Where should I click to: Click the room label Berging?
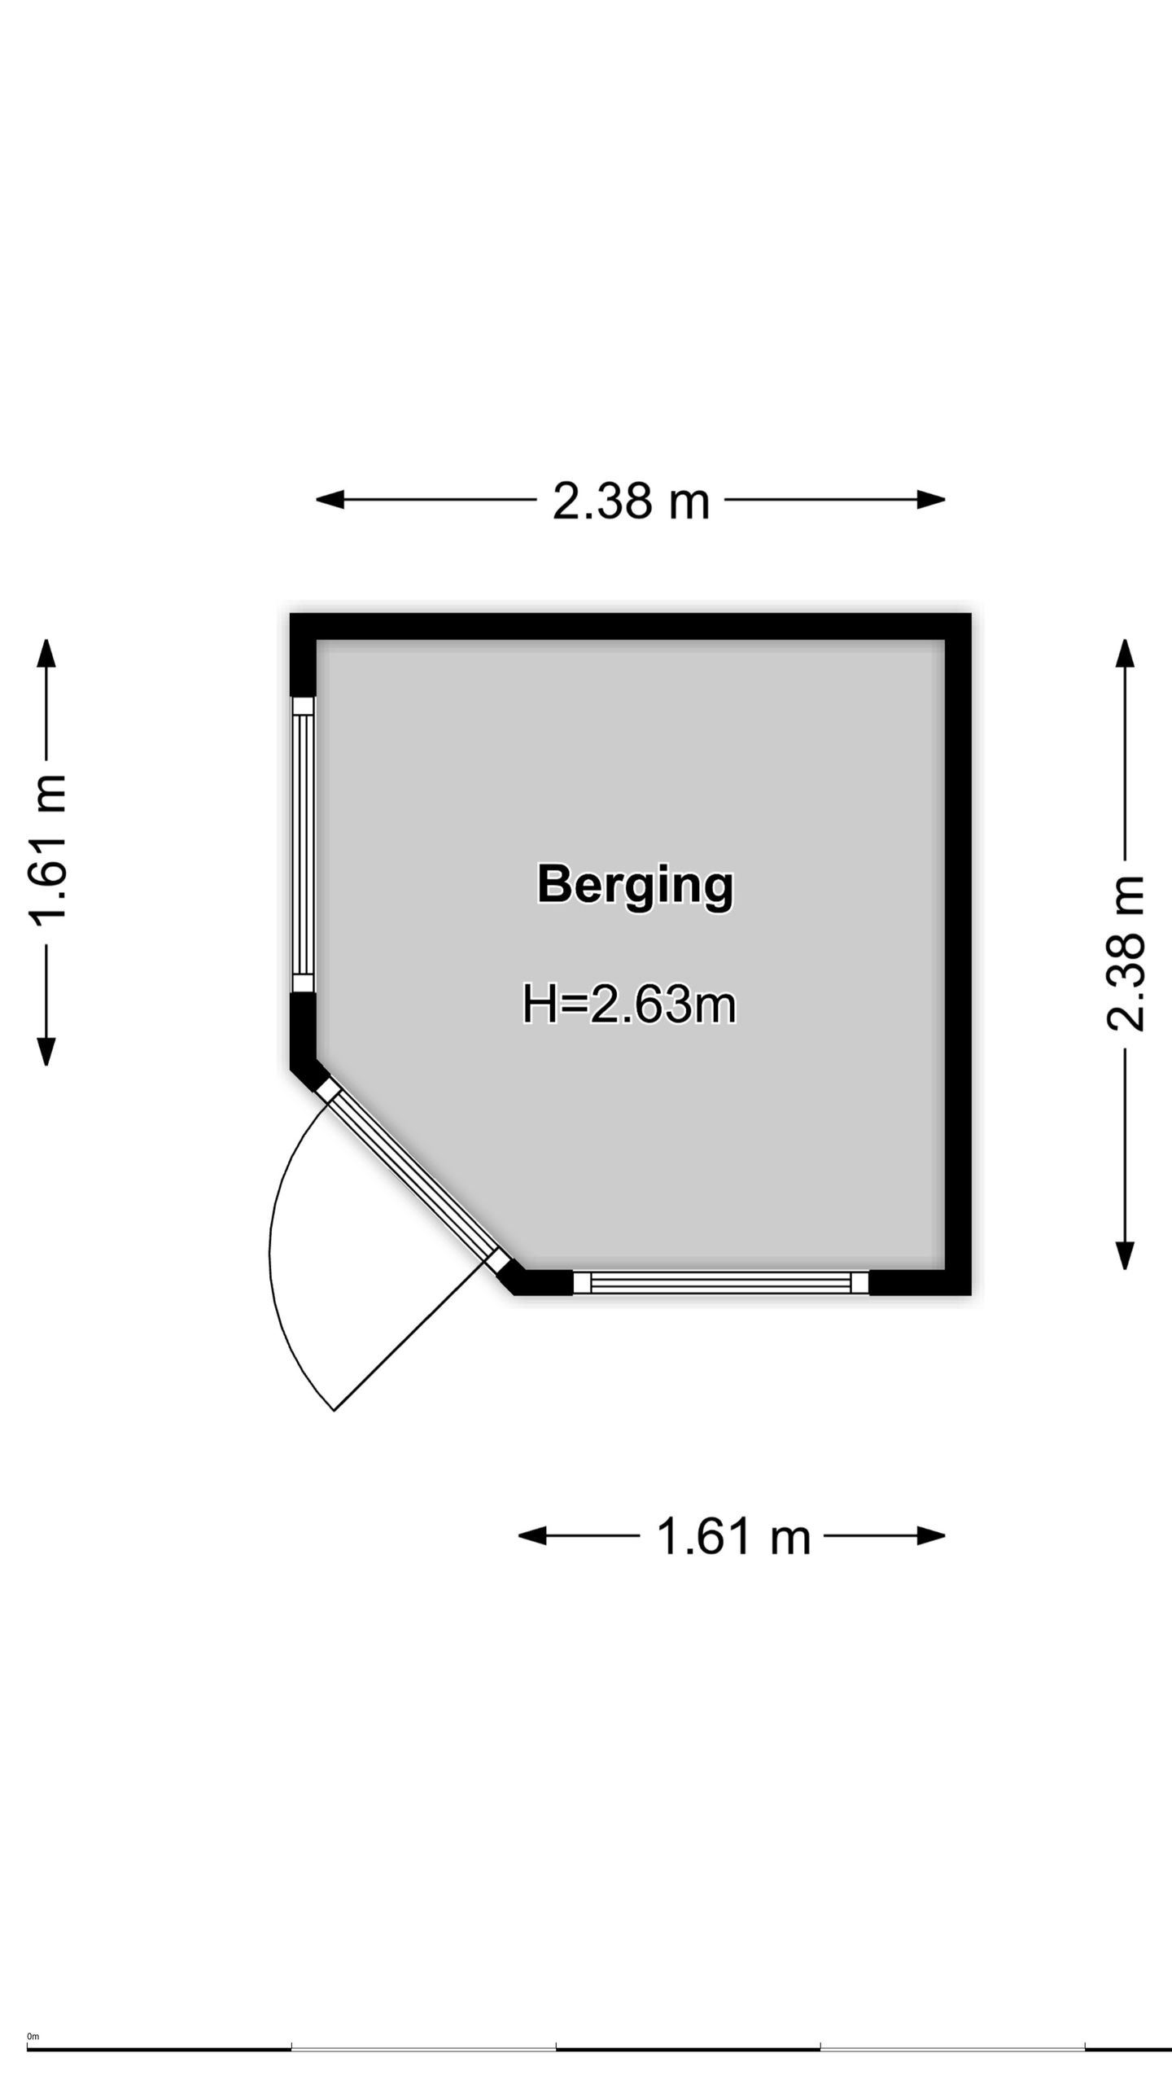click(x=635, y=886)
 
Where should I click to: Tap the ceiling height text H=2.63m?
click(x=629, y=1005)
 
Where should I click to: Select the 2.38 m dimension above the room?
click(x=631, y=500)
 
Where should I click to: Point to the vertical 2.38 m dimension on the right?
click(x=1125, y=954)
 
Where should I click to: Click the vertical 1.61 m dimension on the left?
click(x=46, y=852)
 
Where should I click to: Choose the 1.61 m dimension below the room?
click(x=732, y=1536)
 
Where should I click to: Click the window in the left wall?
click(x=303, y=844)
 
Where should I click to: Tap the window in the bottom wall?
click(x=721, y=1283)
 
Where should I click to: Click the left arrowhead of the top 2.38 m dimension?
click(x=330, y=500)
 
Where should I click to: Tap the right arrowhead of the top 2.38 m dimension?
click(x=931, y=500)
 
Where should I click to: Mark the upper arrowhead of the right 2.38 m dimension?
click(x=1125, y=654)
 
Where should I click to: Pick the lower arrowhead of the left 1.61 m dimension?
click(x=46, y=1051)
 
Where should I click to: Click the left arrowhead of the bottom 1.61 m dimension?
click(x=533, y=1536)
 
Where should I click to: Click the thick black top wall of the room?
click(x=631, y=627)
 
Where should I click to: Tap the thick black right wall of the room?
click(x=958, y=954)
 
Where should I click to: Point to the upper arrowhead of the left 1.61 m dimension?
click(x=46, y=654)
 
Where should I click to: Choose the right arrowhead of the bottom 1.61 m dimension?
click(x=931, y=1536)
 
